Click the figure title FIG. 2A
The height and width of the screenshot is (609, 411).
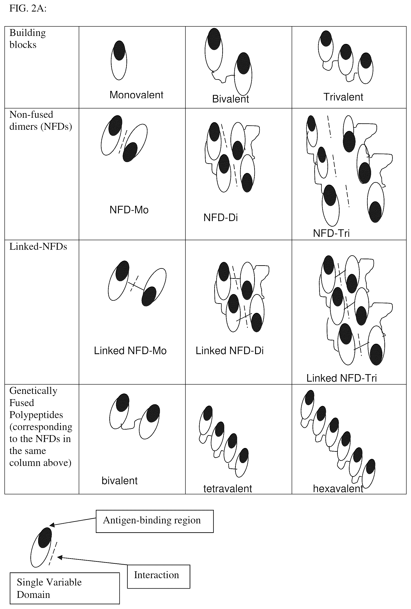pos(28,9)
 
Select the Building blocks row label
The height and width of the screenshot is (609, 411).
pos(28,39)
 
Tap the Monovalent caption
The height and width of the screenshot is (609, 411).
pos(136,95)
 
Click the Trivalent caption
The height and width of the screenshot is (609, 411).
pos(343,97)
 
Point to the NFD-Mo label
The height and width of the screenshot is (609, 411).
pos(129,210)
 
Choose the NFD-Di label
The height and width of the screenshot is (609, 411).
pos(220,218)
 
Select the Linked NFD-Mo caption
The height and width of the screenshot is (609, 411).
pos(130,351)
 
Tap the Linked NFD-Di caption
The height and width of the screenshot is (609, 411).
pos(230,351)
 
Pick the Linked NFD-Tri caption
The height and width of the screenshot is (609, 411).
pos(342,378)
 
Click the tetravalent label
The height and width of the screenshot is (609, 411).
pos(228,488)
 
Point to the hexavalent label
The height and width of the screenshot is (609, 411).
pos(338,488)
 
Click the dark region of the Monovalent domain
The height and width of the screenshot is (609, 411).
pos(119,51)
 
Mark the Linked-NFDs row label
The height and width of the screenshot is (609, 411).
pos(38,247)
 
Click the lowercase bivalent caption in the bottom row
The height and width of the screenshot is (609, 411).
pos(120,481)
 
